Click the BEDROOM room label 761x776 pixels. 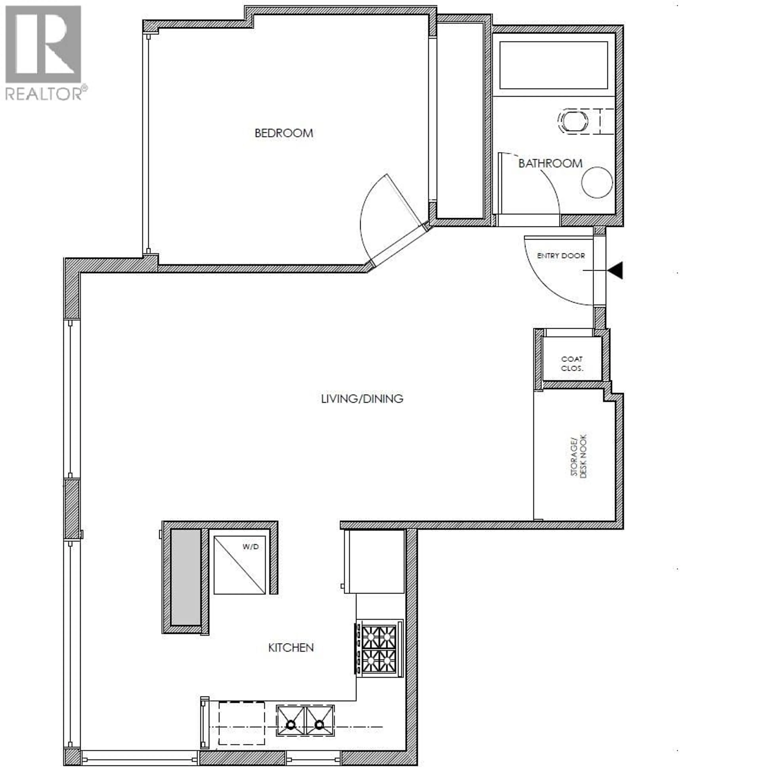(284, 133)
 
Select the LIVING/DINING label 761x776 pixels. (362, 399)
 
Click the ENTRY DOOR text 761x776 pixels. (561, 256)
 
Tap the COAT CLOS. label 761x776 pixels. (572, 364)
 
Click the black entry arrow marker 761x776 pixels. (616, 270)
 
